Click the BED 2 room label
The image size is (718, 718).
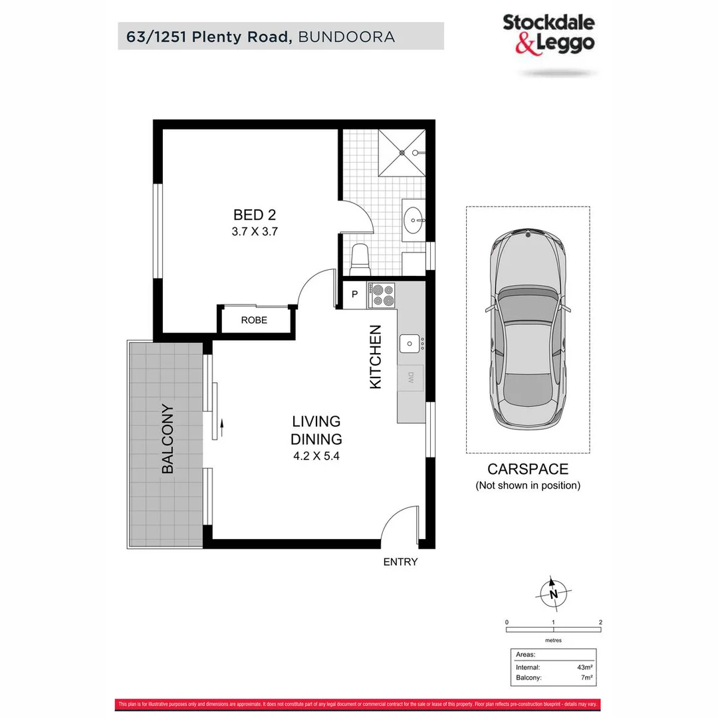[254, 215]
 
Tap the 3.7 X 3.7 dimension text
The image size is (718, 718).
[254, 232]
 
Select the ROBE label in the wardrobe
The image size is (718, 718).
[254, 320]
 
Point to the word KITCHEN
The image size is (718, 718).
[376, 356]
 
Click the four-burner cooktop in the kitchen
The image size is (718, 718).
[382, 296]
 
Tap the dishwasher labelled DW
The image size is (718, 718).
[411, 379]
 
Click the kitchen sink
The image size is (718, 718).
[409, 344]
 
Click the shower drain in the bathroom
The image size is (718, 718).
[402, 152]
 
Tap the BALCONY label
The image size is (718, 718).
[168, 439]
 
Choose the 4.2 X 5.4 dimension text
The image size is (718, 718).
[316, 457]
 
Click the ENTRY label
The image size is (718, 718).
[400, 562]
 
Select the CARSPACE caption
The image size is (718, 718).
[528, 469]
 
